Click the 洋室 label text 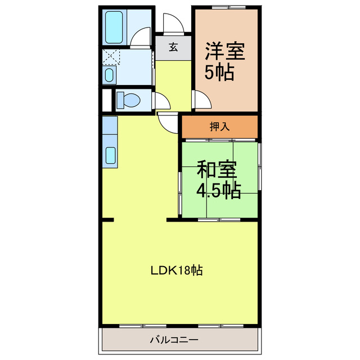pyautogui.click(x=224, y=52)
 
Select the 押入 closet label pyautogui.click(x=219, y=127)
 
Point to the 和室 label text pyautogui.click(x=217, y=169)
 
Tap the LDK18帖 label pyautogui.click(x=176, y=271)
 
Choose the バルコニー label pyautogui.click(x=174, y=340)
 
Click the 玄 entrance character pyautogui.click(x=173, y=48)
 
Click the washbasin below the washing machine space pyautogui.click(x=110, y=74)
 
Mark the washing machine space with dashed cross pyautogui.click(x=110, y=57)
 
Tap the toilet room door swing pyautogui.click(x=162, y=101)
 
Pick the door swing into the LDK pyautogui.click(x=168, y=121)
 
